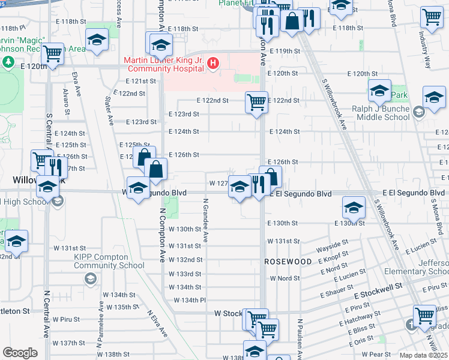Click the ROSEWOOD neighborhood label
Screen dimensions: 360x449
pos(288,262)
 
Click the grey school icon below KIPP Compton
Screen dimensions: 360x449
pos(90,278)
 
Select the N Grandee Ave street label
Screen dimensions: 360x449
pos(205,220)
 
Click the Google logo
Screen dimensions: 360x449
pos(20,353)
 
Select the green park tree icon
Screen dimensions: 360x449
pos(8,62)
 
